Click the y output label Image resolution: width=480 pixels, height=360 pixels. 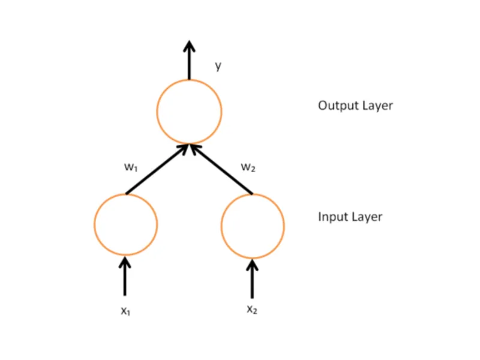coord(218,67)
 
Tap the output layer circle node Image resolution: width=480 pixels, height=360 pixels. coord(189,112)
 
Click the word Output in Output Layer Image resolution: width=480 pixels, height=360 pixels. coord(337,106)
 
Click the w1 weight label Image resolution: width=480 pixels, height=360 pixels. coord(131,168)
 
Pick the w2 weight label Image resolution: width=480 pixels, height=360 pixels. coord(248,167)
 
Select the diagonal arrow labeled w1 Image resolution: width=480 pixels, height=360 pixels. coord(157,169)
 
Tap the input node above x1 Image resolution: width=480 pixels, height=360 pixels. coord(125,224)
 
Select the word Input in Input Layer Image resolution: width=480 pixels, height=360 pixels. coord(332,217)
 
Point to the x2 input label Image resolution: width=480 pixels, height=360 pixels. coord(252,310)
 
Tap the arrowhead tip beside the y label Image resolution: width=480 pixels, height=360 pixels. coord(189,44)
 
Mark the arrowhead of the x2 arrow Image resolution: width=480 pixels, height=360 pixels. coord(252,261)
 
